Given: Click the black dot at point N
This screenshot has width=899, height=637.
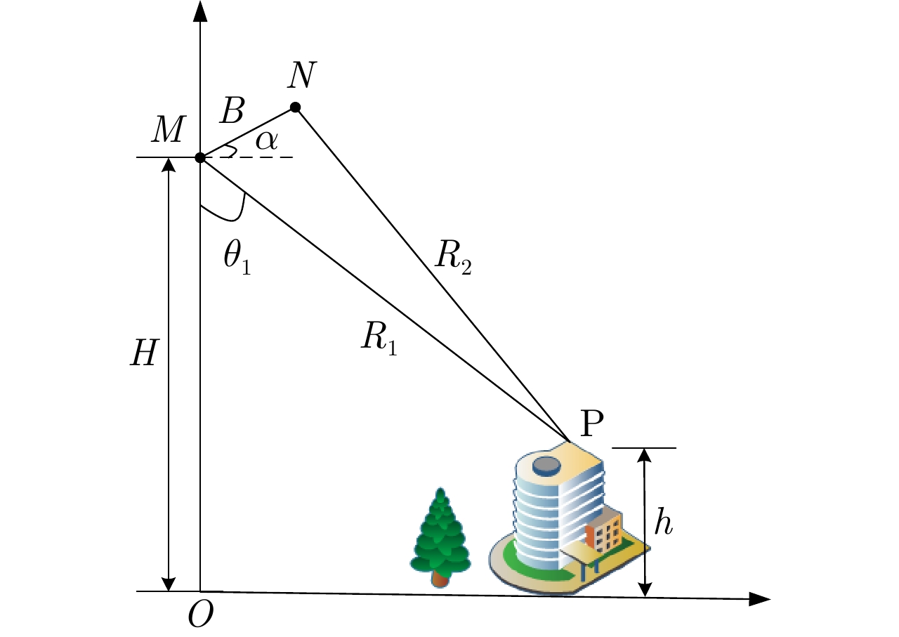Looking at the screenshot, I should pyautogui.click(x=296, y=107).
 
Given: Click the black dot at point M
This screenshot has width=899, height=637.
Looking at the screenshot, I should pyautogui.click(x=200, y=157).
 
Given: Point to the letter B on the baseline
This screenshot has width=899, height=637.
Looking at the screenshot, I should pyautogui.click(x=231, y=110).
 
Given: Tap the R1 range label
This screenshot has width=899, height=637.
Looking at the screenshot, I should pyautogui.click(x=380, y=339).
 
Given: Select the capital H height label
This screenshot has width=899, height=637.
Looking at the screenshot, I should pyautogui.click(x=145, y=355).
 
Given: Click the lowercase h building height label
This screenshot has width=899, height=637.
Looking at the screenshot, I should pyautogui.click(x=664, y=523).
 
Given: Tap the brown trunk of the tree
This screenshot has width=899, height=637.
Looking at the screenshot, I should pyautogui.click(x=440, y=579).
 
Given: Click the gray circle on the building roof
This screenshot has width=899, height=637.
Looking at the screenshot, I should pyautogui.click(x=546, y=464).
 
